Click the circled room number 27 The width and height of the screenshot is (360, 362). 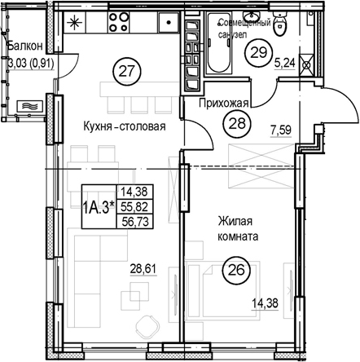pyautogui.click(x=127, y=72)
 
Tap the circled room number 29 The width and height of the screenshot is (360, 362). pyautogui.click(x=258, y=53)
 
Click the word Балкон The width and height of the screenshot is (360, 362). pyautogui.click(x=25, y=46)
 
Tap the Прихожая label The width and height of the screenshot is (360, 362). pyautogui.click(x=224, y=104)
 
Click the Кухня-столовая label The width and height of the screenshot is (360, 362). pyautogui.click(x=125, y=126)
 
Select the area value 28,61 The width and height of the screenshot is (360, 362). pyautogui.click(x=144, y=269)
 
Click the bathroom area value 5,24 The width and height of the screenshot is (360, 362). pyautogui.click(x=285, y=64)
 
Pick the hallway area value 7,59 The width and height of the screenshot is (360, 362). pyautogui.click(x=281, y=130)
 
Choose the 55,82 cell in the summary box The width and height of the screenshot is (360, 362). pyautogui.click(x=134, y=208)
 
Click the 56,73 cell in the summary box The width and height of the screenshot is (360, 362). pyautogui.click(x=134, y=222)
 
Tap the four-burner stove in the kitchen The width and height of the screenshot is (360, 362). pyautogui.click(x=118, y=22)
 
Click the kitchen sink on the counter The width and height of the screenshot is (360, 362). pyautogui.click(x=169, y=23)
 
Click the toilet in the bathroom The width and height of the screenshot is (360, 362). pyautogui.click(x=279, y=24)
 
